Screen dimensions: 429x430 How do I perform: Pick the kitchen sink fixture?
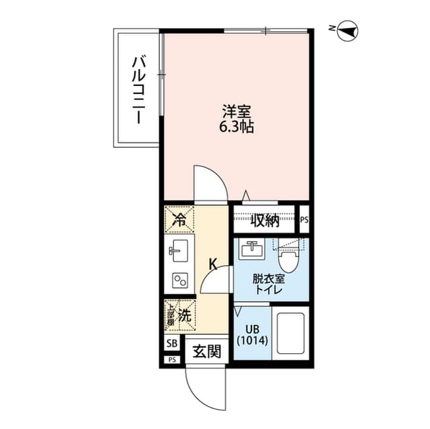click(179, 253)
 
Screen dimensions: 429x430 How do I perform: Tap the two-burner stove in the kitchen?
click(180, 280)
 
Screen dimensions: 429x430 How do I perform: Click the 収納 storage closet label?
click(265, 220)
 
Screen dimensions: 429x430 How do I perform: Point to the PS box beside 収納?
click(304, 220)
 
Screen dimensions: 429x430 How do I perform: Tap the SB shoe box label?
click(171, 344)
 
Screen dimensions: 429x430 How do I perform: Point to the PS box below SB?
click(172, 360)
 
